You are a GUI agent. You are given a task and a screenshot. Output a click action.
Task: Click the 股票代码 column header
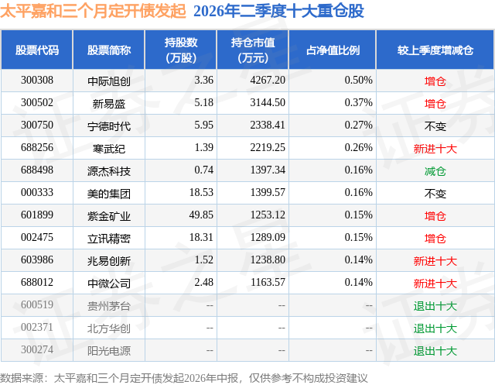[x=37, y=50]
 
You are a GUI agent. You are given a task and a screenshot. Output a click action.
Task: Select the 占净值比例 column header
[x=333, y=50]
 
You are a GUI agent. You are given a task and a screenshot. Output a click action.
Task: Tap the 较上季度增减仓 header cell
[x=435, y=50]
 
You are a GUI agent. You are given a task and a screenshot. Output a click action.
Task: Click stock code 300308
[x=37, y=81]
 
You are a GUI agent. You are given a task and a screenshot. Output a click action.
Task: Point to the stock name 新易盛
[x=109, y=103]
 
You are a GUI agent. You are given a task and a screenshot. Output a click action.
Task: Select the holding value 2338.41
[x=268, y=125]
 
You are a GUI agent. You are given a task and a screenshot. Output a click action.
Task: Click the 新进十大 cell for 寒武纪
[x=435, y=148]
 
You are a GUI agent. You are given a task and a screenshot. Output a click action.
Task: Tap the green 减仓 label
[x=435, y=170]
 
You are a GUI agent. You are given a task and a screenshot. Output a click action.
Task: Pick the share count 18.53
[x=201, y=192]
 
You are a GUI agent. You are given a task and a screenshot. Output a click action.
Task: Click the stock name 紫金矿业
[x=109, y=215]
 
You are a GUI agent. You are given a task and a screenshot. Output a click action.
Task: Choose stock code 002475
[x=37, y=237]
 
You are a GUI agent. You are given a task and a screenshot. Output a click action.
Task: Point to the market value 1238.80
[x=268, y=260]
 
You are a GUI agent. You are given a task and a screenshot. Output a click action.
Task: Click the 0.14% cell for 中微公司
[x=359, y=282]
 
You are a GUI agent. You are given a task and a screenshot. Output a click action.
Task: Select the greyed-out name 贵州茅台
[x=109, y=305]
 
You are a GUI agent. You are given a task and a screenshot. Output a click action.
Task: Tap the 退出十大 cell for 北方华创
[x=435, y=328]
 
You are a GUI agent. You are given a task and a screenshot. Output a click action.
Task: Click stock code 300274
[x=37, y=349]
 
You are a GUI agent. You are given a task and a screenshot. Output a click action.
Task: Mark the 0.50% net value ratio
[x=359, y=81]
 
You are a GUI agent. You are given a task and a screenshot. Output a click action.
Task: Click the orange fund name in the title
[x=93, y=11]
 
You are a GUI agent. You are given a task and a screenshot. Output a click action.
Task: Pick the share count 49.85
[x=201, y=215]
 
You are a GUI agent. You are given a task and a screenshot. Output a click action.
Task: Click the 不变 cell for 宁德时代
[x=435, y=125]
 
